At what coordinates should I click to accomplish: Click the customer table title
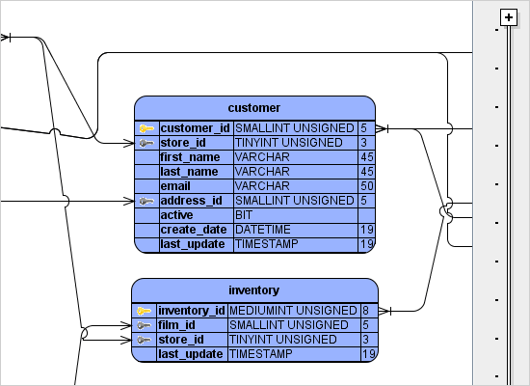(254, 106)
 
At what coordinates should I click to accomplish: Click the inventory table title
(254, 289)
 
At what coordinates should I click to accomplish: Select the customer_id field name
(195, 127)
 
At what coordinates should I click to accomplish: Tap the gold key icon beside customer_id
(146, 128)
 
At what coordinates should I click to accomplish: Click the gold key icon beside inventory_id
(144, 311)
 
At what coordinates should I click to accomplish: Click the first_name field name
(190, 156)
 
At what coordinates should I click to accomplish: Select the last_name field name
(189, 171)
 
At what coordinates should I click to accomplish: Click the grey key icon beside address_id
(146, 201)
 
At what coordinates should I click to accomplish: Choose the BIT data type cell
(244, 214)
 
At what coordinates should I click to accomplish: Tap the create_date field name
(193, 230)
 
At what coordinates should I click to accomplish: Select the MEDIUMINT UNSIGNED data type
(293, 311)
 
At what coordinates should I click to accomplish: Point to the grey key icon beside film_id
(144, 325)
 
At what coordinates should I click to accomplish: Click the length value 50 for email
(366, 185)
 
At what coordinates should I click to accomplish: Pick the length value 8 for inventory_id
(366, 311)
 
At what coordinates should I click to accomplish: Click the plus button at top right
(508, 17)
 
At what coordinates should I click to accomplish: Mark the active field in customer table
(176, 214)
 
